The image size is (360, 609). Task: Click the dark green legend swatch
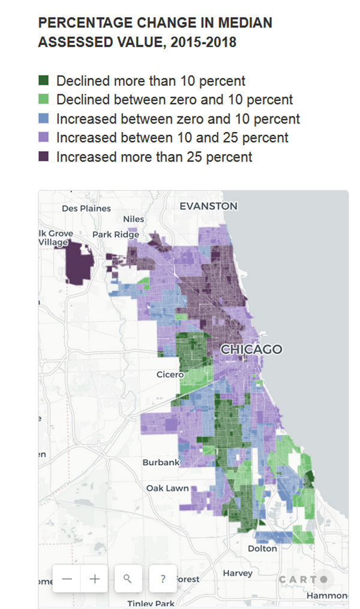coord(44,81)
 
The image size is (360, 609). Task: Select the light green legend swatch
coord(44,100)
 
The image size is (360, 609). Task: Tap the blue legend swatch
coord(44,119)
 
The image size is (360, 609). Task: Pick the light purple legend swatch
coord(44,138)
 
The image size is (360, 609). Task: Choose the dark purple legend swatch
coord(44,157)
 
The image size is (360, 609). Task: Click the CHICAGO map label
coord(251,349)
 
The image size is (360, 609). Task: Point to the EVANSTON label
coord(208,206)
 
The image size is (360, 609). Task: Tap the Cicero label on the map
coord(170,374)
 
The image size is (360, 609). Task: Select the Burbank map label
coord(161,463)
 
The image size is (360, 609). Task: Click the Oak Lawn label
coord(167,488)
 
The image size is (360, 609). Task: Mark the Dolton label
coord(262,548)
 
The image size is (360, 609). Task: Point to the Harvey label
coord(238,574)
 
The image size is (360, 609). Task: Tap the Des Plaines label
coord(86,208)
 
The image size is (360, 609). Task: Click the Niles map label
coord(134,220)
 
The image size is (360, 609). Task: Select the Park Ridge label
coord(116,235)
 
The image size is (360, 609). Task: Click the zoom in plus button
coord(94,579)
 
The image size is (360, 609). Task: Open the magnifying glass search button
coord(127,579)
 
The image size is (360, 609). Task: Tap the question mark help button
coord(163,579)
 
